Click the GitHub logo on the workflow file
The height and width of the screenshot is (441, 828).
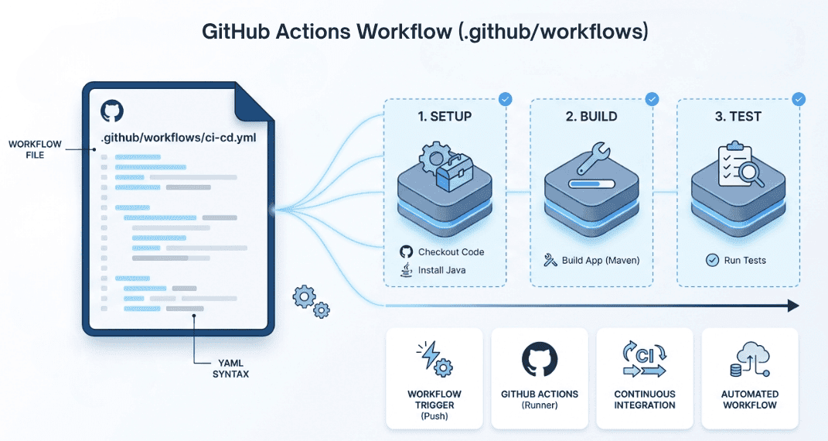tap(111, 111)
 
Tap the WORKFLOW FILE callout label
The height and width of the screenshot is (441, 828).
tap(26, 149)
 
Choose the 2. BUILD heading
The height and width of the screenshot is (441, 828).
tap(591, 117)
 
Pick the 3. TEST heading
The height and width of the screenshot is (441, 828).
tap(738, 117)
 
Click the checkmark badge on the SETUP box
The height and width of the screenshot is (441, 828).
tap(505, 99)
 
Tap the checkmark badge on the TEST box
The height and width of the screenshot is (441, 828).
tap(799, 99)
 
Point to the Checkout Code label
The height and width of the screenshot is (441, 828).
tap(451, 252)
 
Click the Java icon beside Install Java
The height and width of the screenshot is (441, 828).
tap(405, 270)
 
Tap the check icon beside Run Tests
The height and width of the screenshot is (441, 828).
tap(712, 260)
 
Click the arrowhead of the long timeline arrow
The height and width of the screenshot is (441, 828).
tap(792, 306)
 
